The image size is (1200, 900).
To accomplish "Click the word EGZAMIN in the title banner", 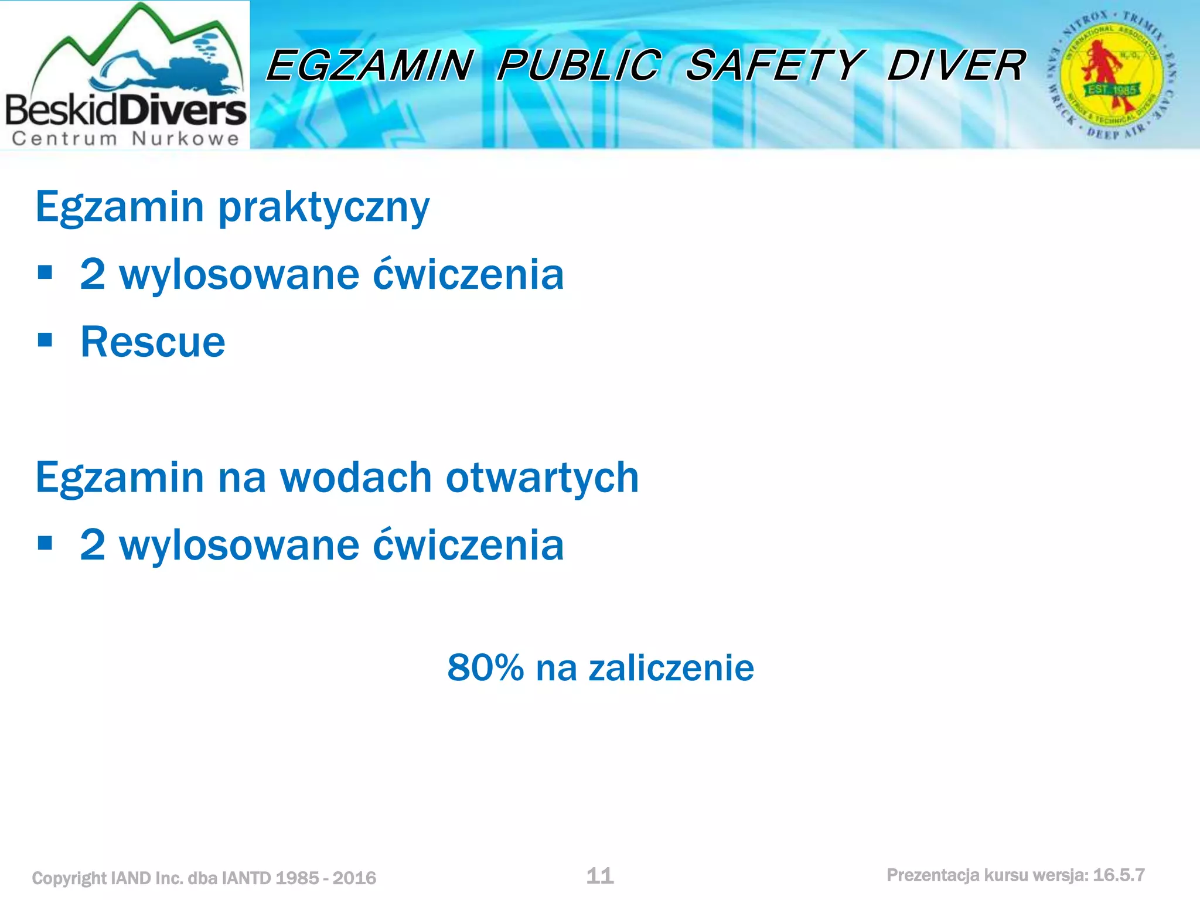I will click(x=369, y=65).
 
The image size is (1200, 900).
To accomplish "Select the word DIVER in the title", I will click(x=956, y=65).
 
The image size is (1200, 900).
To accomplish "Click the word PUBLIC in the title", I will click(x=579, y=65).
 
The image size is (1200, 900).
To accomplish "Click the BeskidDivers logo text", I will click(x=125, y=110).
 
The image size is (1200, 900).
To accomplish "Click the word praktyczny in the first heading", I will click(x=323, y=208).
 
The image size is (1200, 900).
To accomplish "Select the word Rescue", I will click(x=152, y=342).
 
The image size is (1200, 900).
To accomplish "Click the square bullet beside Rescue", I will click(x=45, y=340).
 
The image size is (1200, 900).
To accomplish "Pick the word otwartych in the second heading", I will click(x=542, y=478).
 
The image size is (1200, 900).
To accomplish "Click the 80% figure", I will click(x=485, y=667).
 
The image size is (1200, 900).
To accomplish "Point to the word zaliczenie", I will click(x=671, y=667).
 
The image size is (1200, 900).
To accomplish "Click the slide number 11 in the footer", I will click(x=600, y=876).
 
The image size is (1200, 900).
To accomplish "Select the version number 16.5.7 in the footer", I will click(x=1119, y=875).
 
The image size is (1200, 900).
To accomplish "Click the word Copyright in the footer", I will click(x=70, y=878).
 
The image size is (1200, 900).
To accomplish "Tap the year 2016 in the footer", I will click(x=354, y=878).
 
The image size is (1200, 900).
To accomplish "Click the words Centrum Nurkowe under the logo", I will click(x=125, y=139).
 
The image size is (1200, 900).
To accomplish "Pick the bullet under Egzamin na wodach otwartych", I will click(x=45, y=543).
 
